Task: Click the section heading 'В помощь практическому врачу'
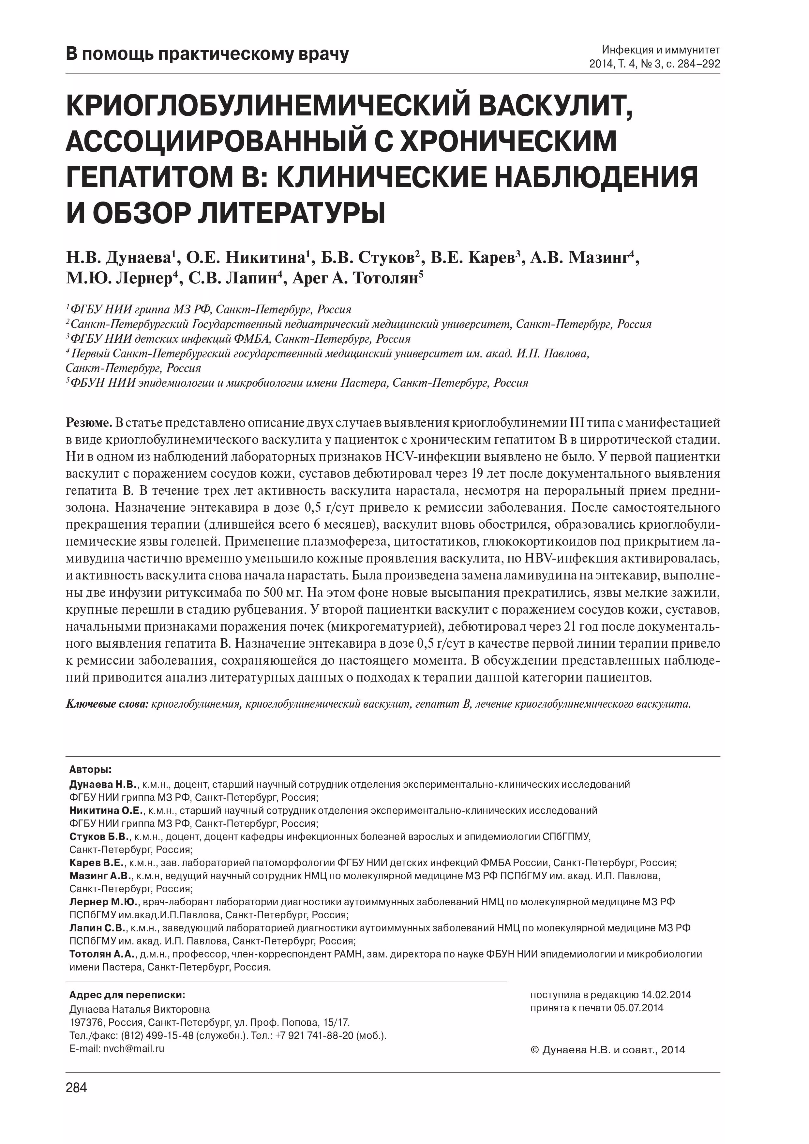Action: [x=207, y=54]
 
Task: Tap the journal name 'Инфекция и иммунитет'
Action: [x=661, y=50]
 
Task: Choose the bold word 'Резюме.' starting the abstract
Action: [x=89, y=423]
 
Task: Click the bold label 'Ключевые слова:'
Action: [x=107, y=704]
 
